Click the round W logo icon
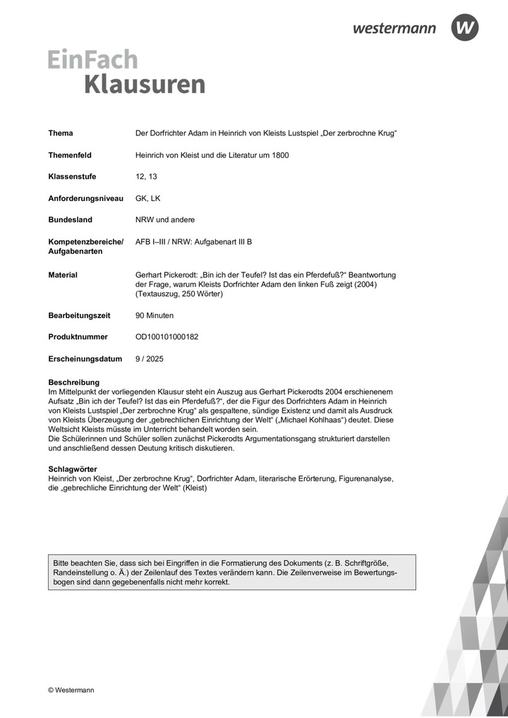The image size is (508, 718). click(x=465, y=28)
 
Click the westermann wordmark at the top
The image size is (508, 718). click(x=394, y=28)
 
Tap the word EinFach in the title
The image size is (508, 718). click(x=93, y=59)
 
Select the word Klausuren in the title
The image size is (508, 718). click(x=145, y=84)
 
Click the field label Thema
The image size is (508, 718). click(x=61, y=133)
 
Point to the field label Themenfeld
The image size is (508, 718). click(x=70, y=155)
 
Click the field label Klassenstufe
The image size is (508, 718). click(x=72, y=176)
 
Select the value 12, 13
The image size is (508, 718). click(x=145, y=176)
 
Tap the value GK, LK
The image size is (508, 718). click(x=148, y=198)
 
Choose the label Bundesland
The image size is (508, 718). click(x=70, y=220)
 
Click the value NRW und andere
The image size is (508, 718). click(x=165, y=220)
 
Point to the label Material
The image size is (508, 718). click(x=63, y=275)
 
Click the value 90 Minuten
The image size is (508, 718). click(x=155, y=315)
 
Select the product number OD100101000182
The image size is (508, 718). click(x=167, y=337)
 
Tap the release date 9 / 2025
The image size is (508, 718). click(x=150, y=359)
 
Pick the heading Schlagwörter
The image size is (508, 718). click(x=73, y=469)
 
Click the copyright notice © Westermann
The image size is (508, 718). click(x=71, y=690)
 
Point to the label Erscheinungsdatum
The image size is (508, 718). click(x=85, y=359)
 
